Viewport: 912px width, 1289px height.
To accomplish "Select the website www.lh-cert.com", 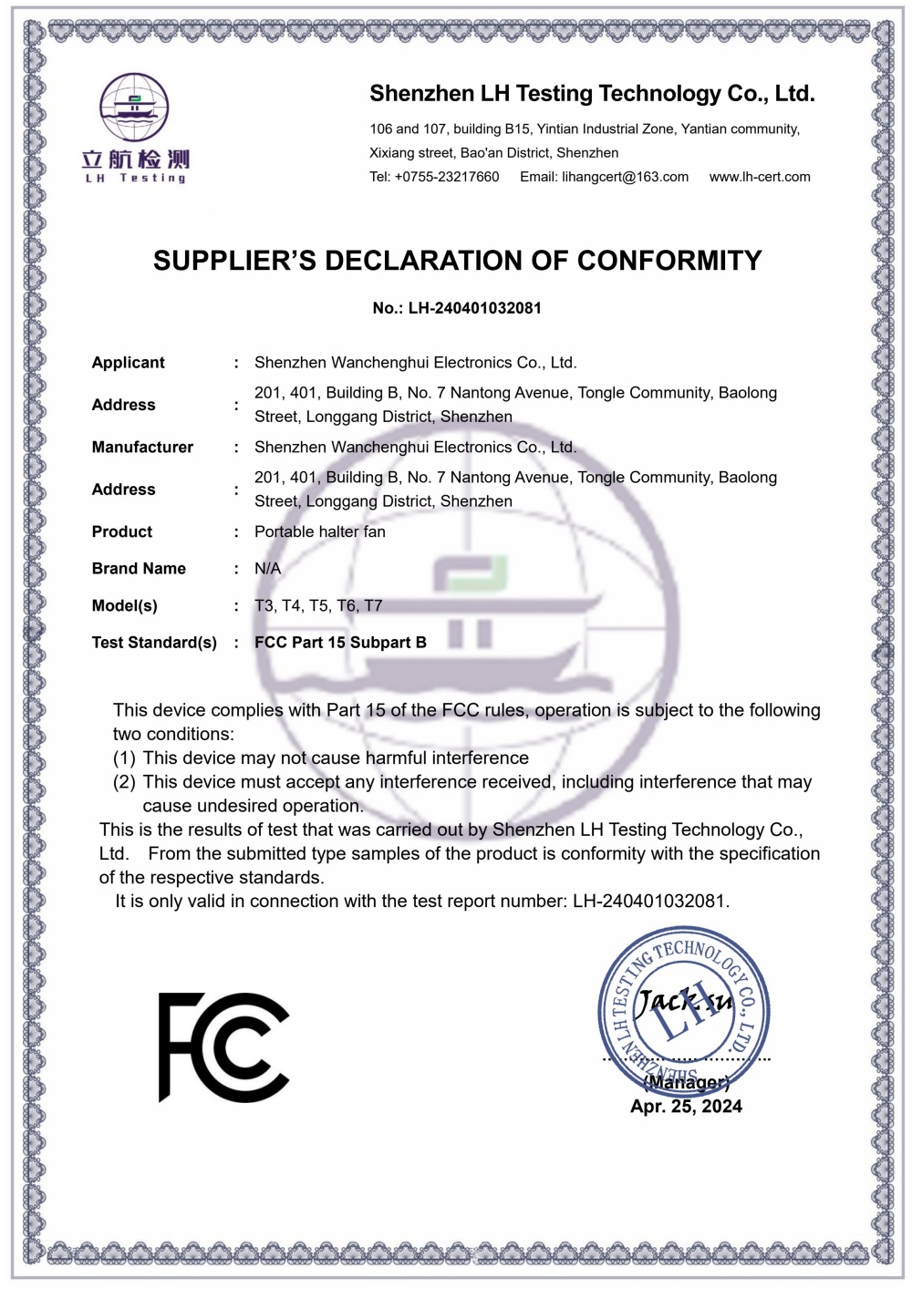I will [760, 177].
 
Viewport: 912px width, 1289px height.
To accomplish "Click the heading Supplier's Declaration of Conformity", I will [457, 261].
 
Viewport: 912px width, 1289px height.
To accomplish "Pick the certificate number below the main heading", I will [457, 308].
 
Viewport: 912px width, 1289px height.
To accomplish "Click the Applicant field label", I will [129, 363].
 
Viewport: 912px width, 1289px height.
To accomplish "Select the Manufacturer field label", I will [142, 448].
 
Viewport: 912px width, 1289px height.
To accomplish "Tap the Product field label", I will [122, 532].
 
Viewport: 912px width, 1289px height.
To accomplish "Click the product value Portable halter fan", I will [320, 532].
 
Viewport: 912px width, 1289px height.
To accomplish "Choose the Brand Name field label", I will [139, 569].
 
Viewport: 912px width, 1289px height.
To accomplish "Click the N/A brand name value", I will [267, 569].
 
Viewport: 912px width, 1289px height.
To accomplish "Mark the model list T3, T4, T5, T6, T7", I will [318, 606].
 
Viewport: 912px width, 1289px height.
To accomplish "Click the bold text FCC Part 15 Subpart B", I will [340, 643].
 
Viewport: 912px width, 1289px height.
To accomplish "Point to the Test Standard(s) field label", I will [154, 643].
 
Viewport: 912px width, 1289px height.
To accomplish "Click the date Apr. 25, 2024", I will [686, 1107].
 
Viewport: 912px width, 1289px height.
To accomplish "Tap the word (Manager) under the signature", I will [686, 1083].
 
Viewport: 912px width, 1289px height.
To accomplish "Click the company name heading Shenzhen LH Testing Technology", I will [592, 94].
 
